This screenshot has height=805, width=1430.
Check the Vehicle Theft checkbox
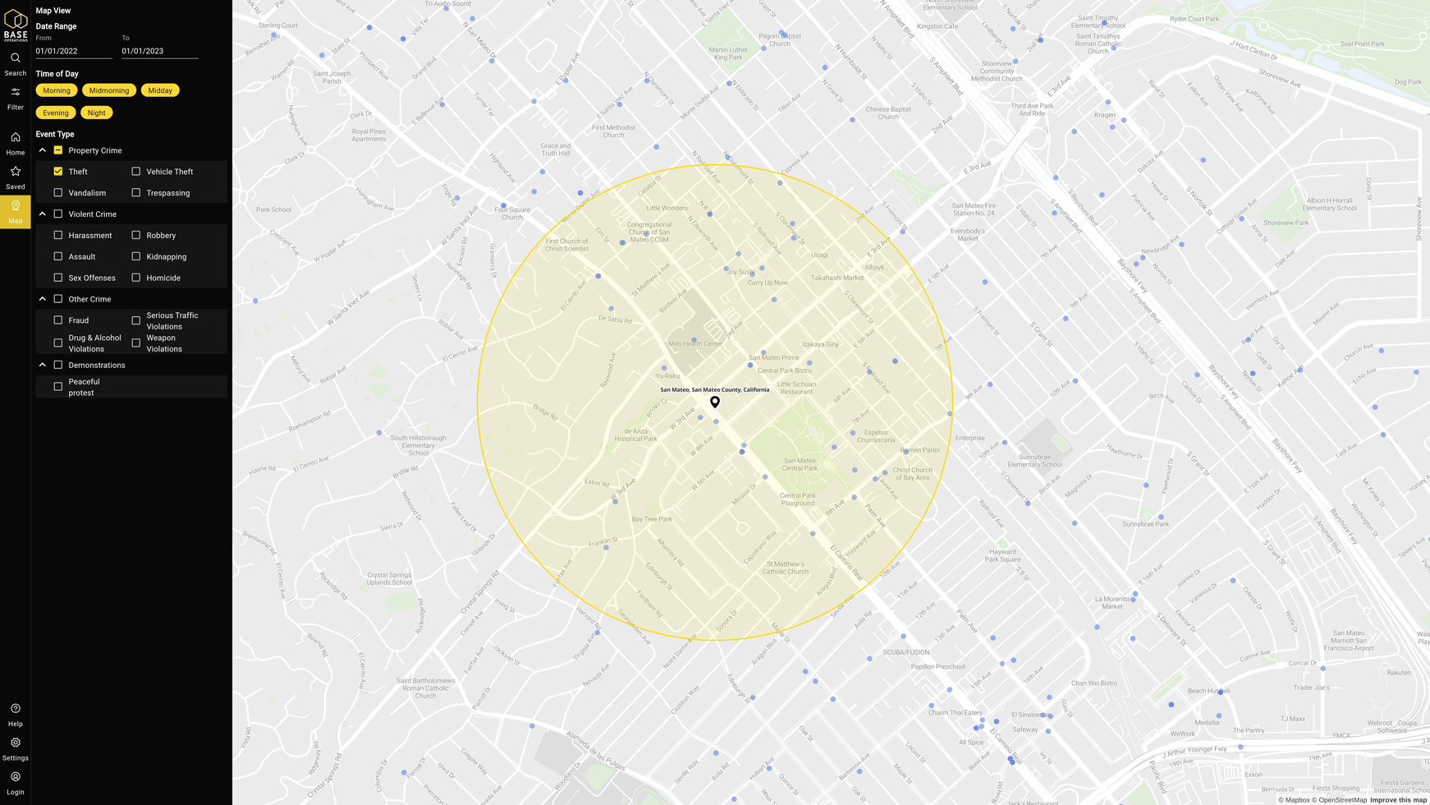coord(136,172)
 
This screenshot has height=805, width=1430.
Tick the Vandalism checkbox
coord(58,193)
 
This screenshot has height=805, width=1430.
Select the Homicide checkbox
coord(136,278)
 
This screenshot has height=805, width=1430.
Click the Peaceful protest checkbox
coord(58,387)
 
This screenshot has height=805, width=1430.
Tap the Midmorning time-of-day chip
coord(109,90)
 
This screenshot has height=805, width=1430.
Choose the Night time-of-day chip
coord(96,113)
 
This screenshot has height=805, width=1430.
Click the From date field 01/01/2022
coord(74,51)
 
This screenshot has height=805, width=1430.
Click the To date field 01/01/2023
coord(160,51)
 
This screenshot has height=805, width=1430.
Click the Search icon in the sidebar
coord(16,58)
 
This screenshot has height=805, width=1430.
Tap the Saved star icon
coord(16,172)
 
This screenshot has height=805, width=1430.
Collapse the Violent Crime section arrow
coord(43,214)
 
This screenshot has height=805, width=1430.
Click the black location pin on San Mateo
coord(715,402)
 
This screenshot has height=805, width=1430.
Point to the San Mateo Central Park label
coord(800,464)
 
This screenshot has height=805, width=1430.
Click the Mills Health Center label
coord(695,343)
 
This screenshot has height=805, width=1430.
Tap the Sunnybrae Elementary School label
coord(1034,460)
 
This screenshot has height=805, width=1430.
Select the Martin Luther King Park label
coord(728,53)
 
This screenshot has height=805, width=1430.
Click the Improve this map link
coord(1398,800)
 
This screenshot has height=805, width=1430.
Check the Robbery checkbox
coord(136,236)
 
